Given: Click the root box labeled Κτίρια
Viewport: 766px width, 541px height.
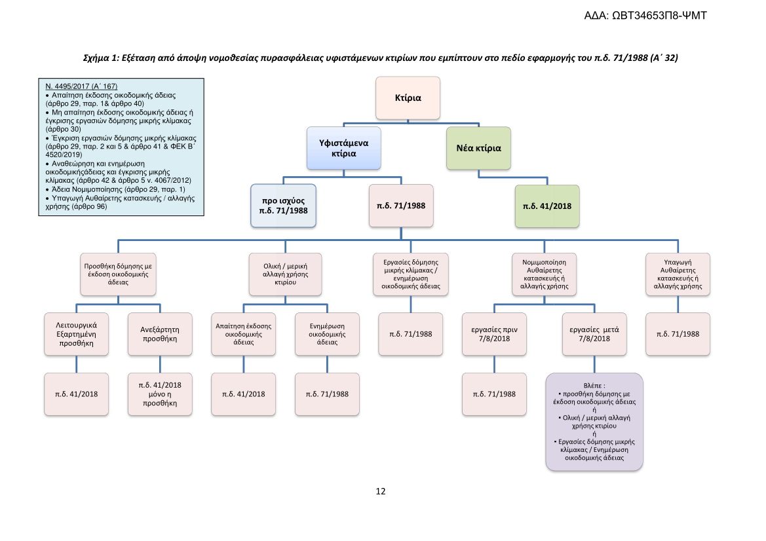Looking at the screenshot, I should pyautogui.click(x=408, y=98).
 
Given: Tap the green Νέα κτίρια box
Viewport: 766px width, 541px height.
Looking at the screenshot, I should pyautogui.click(x=478, y=148).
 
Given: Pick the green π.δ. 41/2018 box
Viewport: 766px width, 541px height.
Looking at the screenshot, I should pyautogui.click(x=546, y=206).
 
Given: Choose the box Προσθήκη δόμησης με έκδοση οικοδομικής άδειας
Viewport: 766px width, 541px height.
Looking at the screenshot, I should pyautogui.click(x=118, y=274).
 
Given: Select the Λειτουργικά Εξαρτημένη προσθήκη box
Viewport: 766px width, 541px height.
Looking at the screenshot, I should pyautogui.click(x=77, y=333).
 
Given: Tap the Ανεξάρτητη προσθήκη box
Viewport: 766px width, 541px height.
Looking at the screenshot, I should pyautogui.click(x=160, y=333).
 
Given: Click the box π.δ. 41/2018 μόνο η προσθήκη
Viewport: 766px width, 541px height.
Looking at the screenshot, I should pyautogui.click(x=160, y=394).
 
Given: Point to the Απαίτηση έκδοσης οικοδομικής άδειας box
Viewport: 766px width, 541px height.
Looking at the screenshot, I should pyautogui.click(x=243, y=333).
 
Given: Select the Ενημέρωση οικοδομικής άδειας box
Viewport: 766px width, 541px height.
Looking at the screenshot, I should pyautogui.click(x=327, y=333).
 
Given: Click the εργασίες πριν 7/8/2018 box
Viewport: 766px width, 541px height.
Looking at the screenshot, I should pyautogui.click(x=494, y=333).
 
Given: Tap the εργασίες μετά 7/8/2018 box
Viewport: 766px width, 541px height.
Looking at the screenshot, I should pyautogui.click(x=594, y=333).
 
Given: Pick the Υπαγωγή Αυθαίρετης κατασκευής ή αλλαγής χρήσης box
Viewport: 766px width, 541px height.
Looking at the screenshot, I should pyautogui.click(x=678, y=274).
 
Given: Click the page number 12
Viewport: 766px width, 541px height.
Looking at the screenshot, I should pyautogui.click(x=381, y=491).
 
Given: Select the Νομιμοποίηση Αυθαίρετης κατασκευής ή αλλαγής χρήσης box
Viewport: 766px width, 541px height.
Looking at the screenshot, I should pyautogui.click(x=544, y=274).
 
